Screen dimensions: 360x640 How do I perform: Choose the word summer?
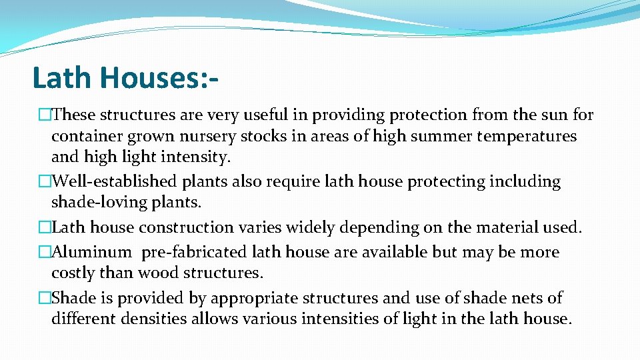click(433, 137)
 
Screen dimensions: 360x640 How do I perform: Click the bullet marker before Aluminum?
click(45, 252)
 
